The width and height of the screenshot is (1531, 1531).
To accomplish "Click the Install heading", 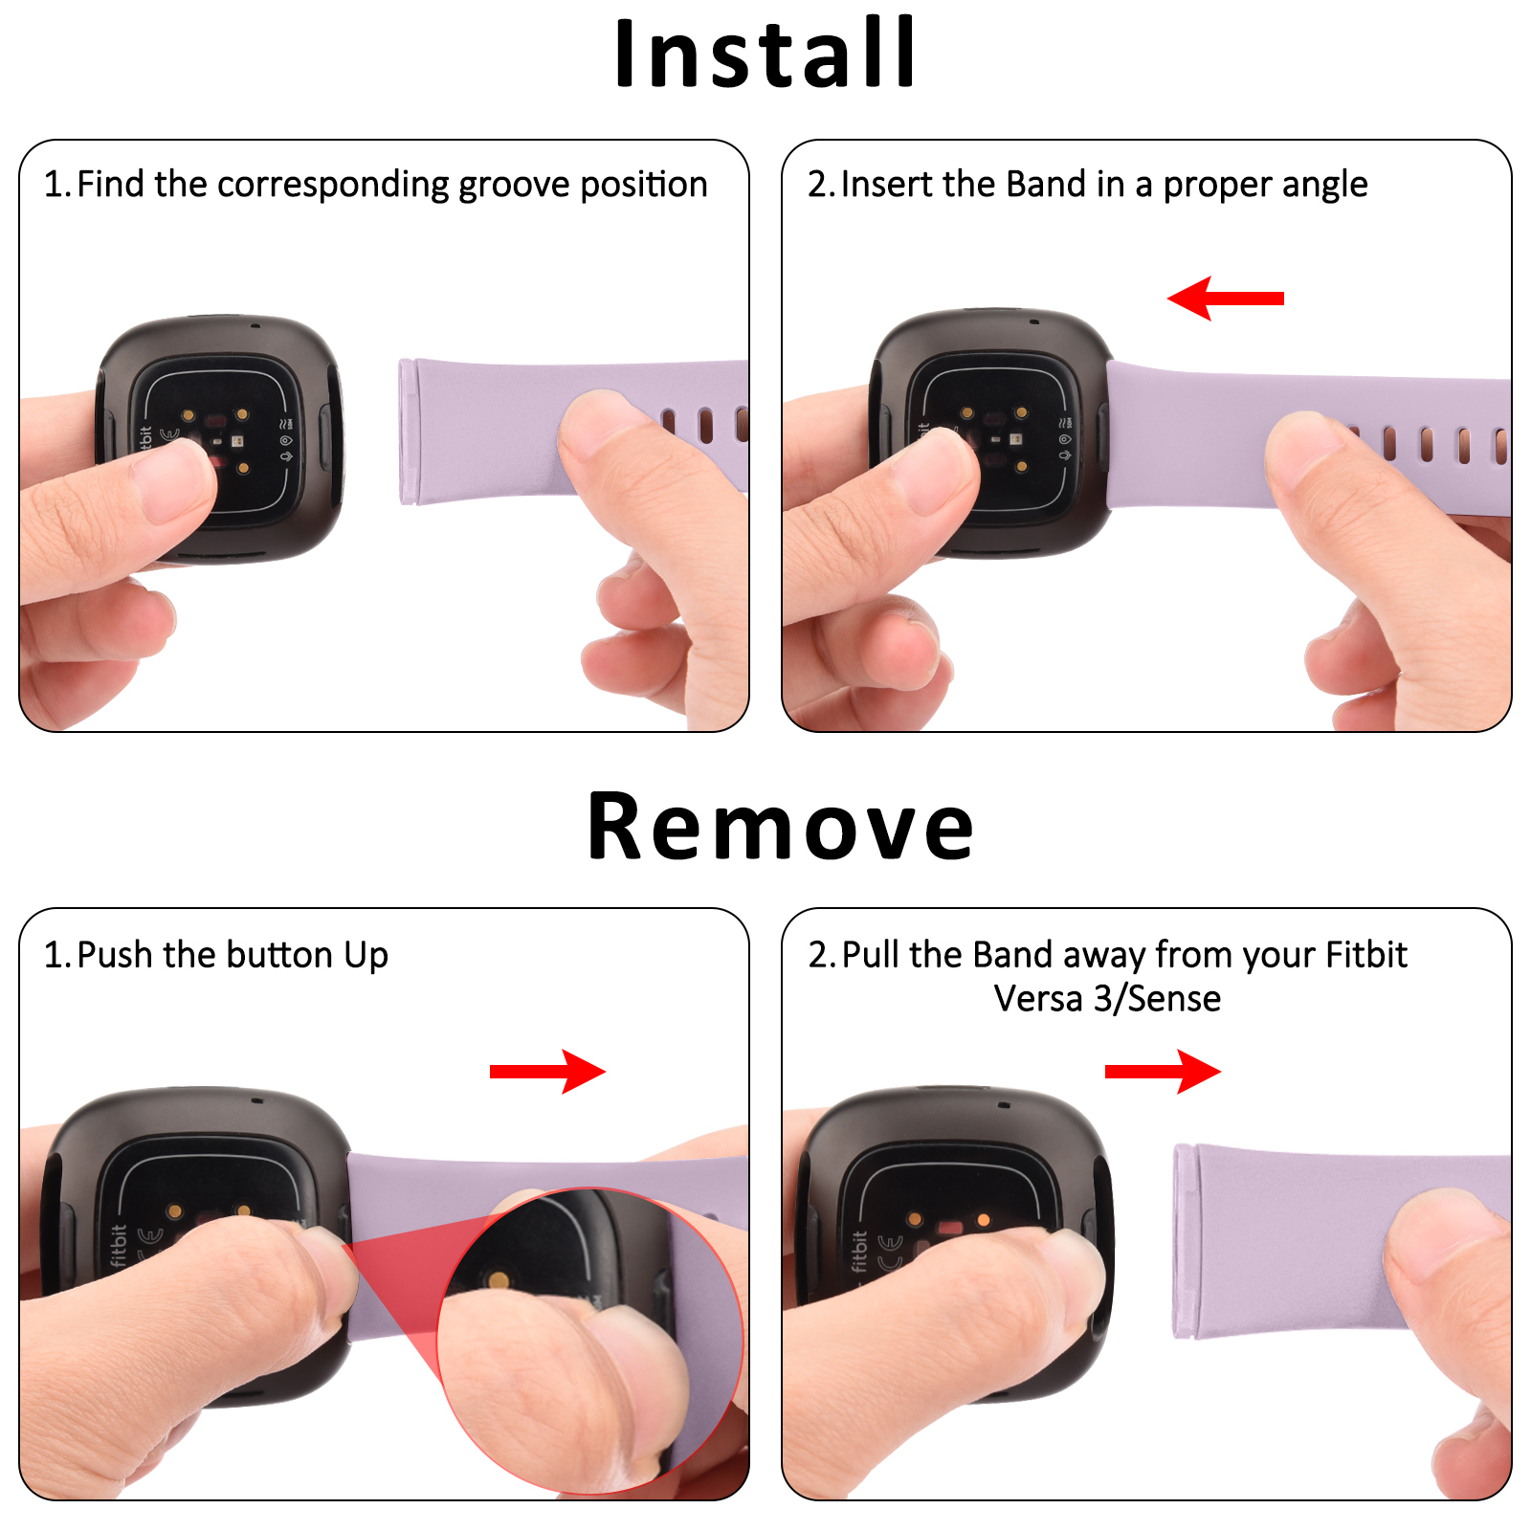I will [x=764, y=55].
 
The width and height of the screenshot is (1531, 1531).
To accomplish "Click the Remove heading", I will [x=780, y=827].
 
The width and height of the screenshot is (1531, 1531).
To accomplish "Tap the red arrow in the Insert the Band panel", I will [x=1226, y=299].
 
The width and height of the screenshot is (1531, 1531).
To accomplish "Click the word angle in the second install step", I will [x=1324, y=185].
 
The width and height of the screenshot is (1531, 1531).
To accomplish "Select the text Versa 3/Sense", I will [x=1107, y=999].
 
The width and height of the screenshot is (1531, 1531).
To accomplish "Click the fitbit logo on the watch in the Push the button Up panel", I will [x=119, y=1245].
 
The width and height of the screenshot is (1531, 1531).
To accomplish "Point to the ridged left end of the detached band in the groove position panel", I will [x=408, y=432].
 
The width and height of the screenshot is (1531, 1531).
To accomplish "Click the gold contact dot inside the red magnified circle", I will [x=498, y=1280].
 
